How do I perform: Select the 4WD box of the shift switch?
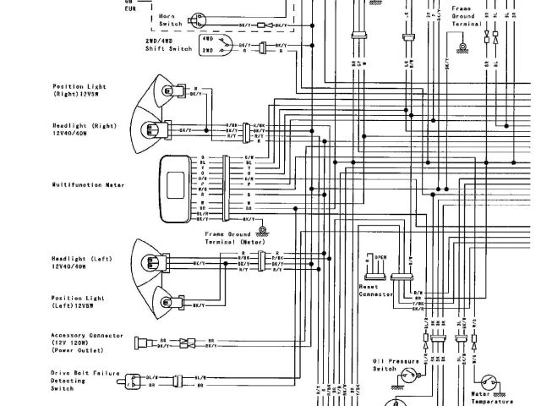(207, 39)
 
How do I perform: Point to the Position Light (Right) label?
(77, 90)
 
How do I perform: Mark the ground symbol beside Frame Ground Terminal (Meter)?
(264, 229)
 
